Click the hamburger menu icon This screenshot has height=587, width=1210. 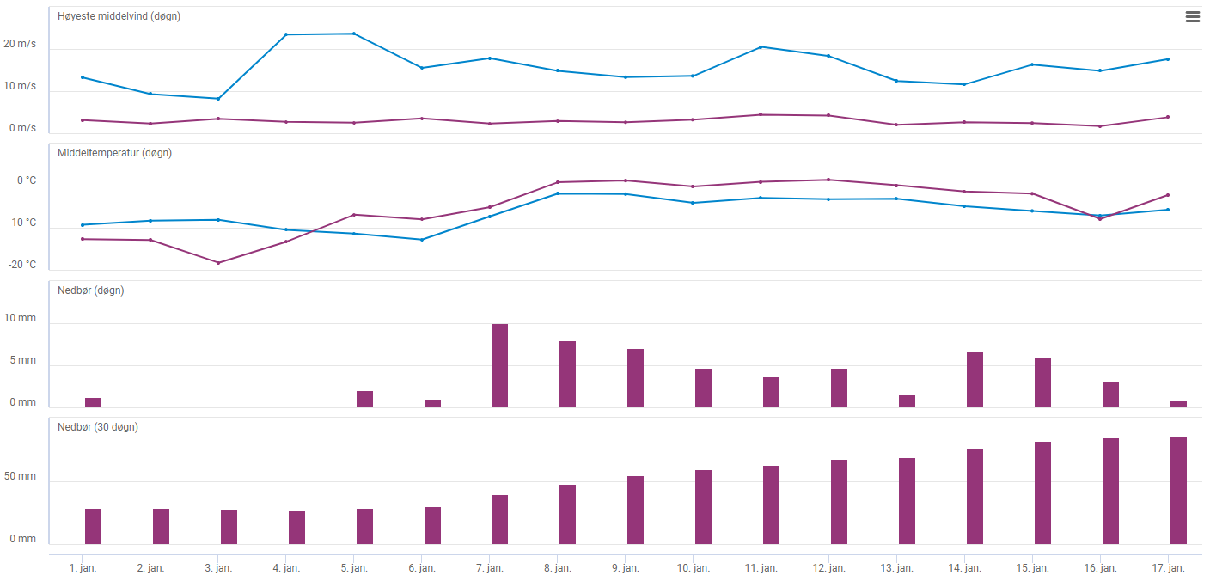coord(1192,17)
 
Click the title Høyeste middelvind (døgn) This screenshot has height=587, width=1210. coord(119,16)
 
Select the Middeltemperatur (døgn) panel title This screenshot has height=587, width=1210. coord(114,153)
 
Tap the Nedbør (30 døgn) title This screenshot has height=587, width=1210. coord(97,427)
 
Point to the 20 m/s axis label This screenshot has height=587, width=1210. coord(20,44)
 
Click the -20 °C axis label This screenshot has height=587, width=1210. coord(21,265)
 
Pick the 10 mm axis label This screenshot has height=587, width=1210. coord(21,318)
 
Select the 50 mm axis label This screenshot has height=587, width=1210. coord(21,476)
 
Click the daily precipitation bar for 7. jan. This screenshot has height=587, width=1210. coord(499,365)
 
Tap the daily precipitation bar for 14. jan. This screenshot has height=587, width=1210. coord(975,380)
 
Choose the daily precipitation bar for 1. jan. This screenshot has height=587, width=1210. coord(93,402)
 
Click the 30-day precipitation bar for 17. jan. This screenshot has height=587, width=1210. coord(1178,491)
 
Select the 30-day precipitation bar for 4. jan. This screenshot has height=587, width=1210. coord(296,527)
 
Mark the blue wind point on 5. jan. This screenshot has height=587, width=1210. coord(354,34)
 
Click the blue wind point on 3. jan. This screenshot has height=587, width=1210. coord(218,99)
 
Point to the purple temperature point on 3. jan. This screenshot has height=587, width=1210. coord(218,263)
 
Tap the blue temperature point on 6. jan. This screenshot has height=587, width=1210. coord(422,240)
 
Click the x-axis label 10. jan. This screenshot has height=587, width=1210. coord(693,568)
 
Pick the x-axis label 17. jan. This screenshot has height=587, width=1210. coord(1168,568)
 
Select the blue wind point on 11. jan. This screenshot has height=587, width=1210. coord(761,46)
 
